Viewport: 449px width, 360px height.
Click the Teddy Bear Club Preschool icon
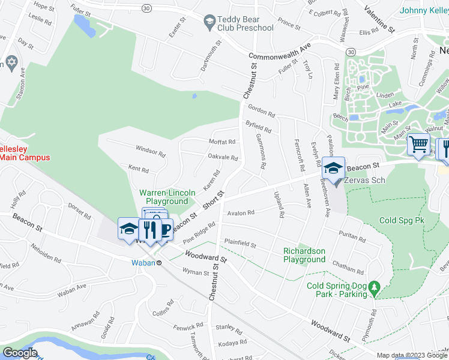tap(209, 23)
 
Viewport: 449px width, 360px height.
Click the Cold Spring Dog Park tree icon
tap(375, 289)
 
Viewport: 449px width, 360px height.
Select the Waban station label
tap(139, 262)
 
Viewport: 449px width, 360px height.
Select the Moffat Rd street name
tap(221, 142)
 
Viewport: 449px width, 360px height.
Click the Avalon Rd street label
tap(241, 212)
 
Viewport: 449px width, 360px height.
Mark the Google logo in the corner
tap(20, 352)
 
